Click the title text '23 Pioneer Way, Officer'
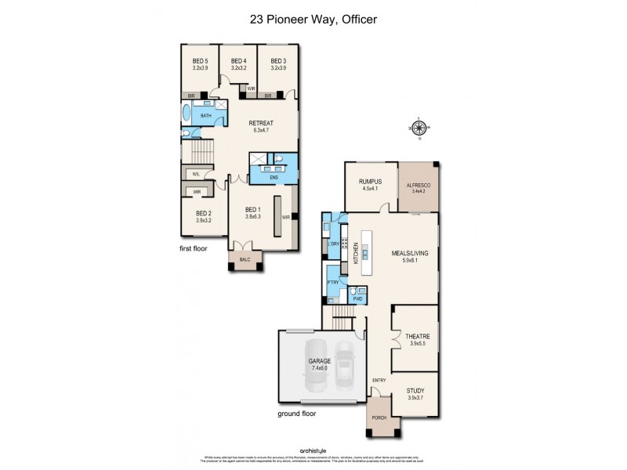point(313,20)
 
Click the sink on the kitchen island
point(365,252)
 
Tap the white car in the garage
point(345,365)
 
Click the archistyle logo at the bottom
point(313,450)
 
